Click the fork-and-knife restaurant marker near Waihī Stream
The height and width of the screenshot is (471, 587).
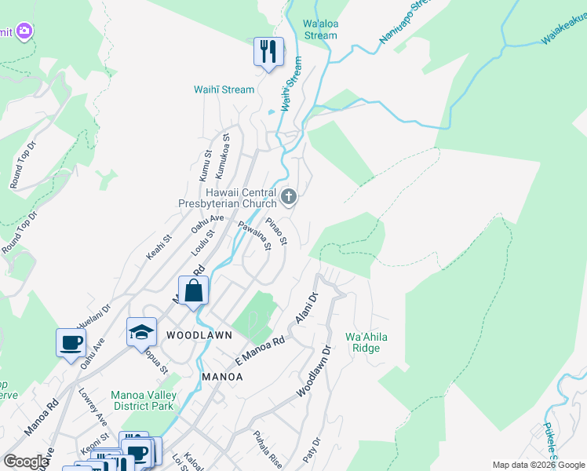point(268,53)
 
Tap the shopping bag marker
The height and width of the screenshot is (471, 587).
point(193,290)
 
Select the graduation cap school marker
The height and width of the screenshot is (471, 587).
point(142,331)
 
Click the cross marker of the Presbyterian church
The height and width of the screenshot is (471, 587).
point(289,196)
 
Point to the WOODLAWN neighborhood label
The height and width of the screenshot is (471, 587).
point(199,335)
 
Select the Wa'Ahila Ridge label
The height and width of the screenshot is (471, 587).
point(366,342)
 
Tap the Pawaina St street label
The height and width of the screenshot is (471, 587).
point(255,235)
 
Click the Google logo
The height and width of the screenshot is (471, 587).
point(26,462)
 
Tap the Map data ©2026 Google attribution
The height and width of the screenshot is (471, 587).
point(538,465)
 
